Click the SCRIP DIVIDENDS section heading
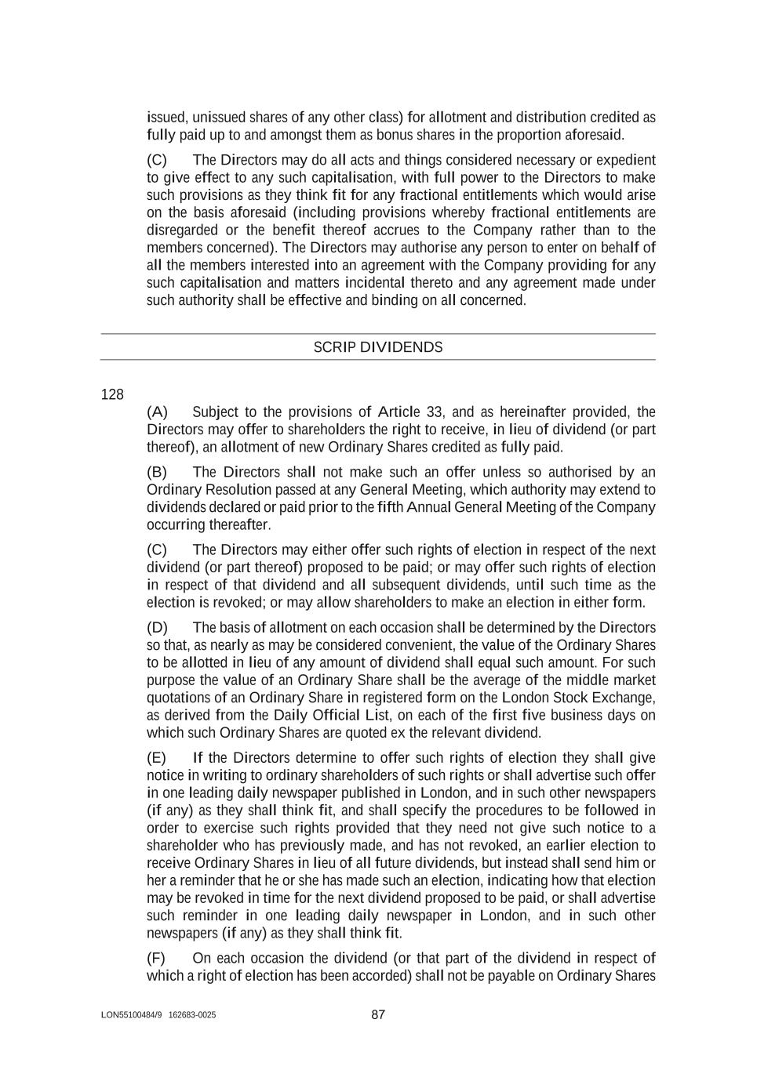coord(377,347)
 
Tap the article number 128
coord(112,394)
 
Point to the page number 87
coord(378,1014)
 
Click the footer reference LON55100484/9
coord(131,1015)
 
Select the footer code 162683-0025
coord(192,1015)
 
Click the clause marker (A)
coord(157,412)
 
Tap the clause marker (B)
coord(157,472)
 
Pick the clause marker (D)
coord(157,628)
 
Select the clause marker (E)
coord(157,758)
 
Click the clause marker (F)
coord(157,958)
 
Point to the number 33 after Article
coord(434,412)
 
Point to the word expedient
coord(626,160)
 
